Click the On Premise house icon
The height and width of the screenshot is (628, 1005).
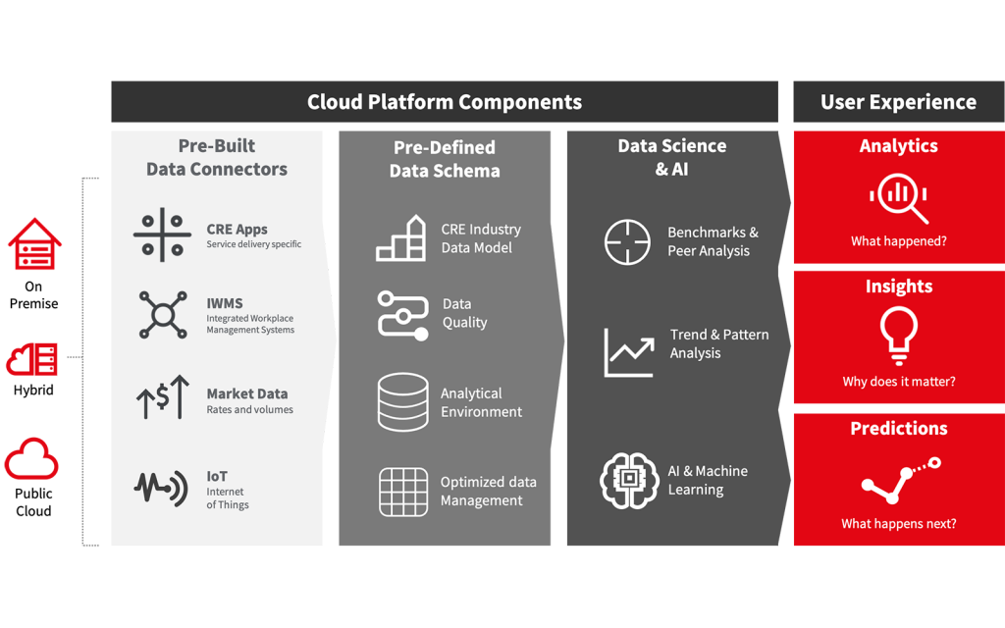pos(34,243)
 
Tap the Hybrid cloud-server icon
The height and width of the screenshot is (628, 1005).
pos(32,359)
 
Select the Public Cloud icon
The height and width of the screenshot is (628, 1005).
pos(31,459)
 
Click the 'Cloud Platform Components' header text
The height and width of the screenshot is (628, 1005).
pos(445,102)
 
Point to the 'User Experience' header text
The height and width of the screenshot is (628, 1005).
pos(899,102)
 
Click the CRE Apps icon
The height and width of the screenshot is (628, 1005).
pos(162,235)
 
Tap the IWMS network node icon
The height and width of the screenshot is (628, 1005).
pos(163,315)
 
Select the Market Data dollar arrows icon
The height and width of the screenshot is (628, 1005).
pos(163,397)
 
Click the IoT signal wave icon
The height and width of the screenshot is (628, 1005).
pos(161,489)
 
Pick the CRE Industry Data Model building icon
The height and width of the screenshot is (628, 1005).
pos(400,237)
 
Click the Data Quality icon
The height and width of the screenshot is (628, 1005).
pos(402,315)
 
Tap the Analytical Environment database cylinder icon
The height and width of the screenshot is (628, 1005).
pos(403,401)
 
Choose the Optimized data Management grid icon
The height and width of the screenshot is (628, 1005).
pos(403,492)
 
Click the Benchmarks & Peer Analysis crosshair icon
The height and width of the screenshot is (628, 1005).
pos(627,242)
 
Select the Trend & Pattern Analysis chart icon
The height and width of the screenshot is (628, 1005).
pos(629,352)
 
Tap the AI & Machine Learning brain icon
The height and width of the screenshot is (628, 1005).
pos(629,480)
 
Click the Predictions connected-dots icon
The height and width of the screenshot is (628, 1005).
pos(901,479)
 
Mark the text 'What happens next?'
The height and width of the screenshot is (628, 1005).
pos(899,524)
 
